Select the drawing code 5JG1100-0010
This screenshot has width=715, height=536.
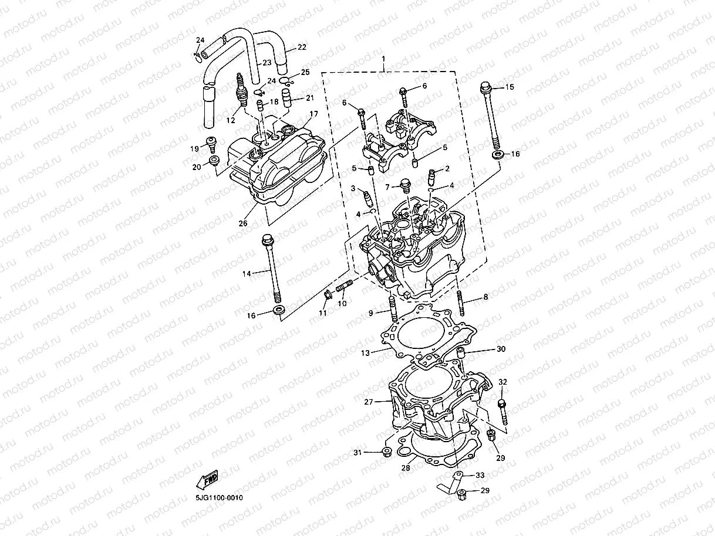(x=219, y=498)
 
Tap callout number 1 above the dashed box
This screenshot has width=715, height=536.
(x=383, y=59)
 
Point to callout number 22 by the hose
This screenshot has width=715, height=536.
(x=302, y=47)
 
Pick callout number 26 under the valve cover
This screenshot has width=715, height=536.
(x=243, y=223)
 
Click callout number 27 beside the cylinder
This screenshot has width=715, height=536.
(x=369, y=402)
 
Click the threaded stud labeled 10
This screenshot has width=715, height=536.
(x=344, y=289)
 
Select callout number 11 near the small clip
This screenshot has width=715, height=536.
(x=322, y=313)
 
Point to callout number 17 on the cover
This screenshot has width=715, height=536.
(x=313, y=114)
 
